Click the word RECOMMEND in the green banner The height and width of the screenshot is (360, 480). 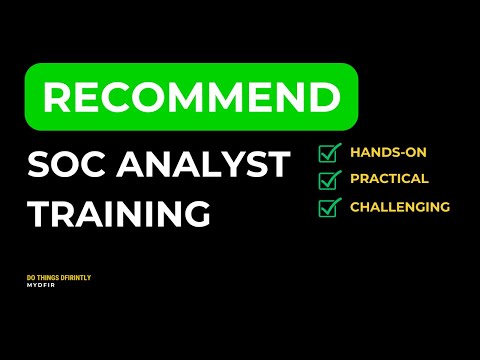coord(190,98)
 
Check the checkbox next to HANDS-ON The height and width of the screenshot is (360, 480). coord(329,153)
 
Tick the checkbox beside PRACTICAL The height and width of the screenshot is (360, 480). coord(329,180)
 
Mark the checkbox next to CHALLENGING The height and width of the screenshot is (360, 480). coord(329,207)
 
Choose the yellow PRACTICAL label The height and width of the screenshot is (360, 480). coord(389,179)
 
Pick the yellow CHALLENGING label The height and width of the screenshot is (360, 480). coord(400,207)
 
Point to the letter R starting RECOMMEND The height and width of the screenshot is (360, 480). coord(57,98)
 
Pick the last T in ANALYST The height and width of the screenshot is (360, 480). coord(279,164)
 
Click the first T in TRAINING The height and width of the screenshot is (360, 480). coord(38,213)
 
